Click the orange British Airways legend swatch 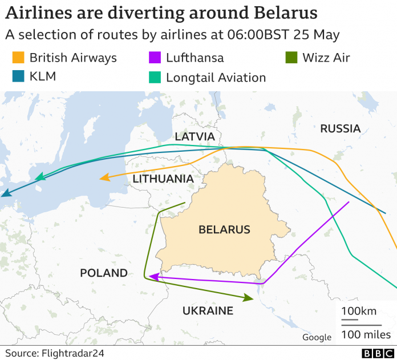[x=18, y=58]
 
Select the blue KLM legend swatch [x=18, y=76]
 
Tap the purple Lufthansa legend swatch [x=155, y=58]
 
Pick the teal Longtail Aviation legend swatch [x=155, y=76]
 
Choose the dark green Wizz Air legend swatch [x=291, y=58]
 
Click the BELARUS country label [x=224, y=230]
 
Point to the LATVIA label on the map [x=195, y=137]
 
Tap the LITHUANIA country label [x=163, y=179]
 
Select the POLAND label [x=104, y=273]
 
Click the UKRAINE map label [x=208, y=311]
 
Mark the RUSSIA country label [x=340, y=128]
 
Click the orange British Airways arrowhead [x=104, y=178]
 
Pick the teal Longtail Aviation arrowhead [x=40, y=178]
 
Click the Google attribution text [x=317, y=337]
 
